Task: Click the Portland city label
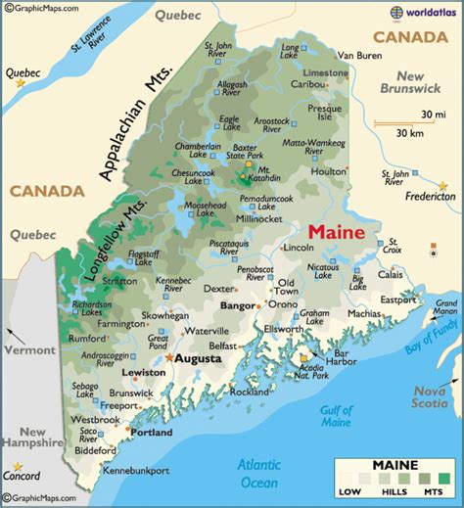click(152, 432)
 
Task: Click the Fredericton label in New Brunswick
click(430, 196)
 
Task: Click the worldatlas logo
click(425, 12)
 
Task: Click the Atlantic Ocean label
click(259, 474)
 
